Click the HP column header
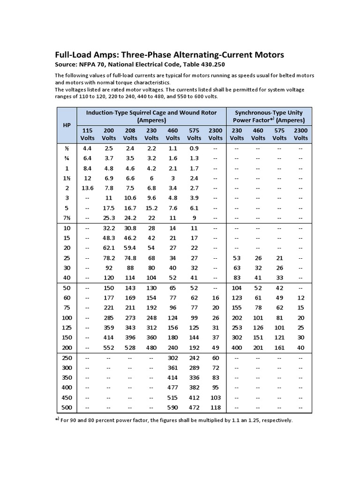pos(67,125)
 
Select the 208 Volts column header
pos(130,134)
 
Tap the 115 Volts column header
pos(87,134)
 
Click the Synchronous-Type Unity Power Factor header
pos(269,116)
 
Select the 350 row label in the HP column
pos(67,377)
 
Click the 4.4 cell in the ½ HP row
pos(87,148)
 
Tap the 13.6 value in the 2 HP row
pos(87,187)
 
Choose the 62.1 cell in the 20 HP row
pos(109,247)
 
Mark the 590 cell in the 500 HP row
pos(173,407)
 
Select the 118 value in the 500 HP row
pos(216,407)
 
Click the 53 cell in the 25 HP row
pos(237,257)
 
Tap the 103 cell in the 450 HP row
pos(216,397)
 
